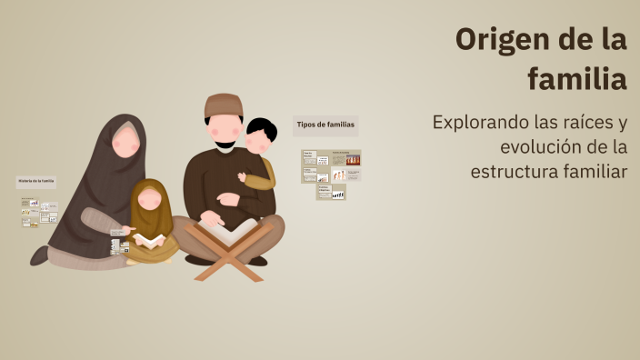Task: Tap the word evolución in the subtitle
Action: (542, 146)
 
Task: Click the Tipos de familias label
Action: (325, 124)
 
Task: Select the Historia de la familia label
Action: (36, 181)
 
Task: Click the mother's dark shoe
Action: (39, 255)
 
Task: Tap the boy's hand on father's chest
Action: (243, 178)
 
